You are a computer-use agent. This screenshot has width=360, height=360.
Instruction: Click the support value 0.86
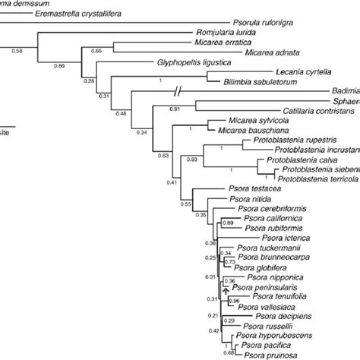(59, 67)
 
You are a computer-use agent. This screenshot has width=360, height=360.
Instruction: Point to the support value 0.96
(235, 301)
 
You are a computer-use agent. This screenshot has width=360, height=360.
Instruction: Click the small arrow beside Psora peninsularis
(226, 287)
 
